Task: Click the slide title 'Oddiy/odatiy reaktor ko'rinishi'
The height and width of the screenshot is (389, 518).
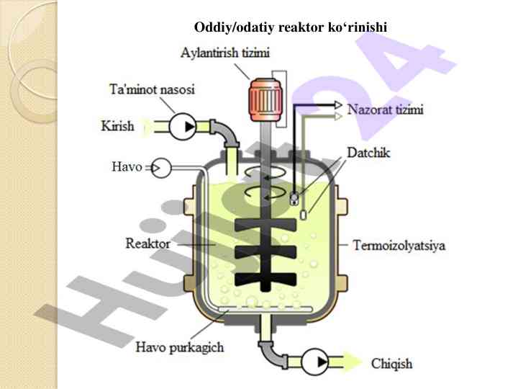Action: [x=291, y=27]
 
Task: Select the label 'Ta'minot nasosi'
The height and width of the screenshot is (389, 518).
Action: [x=151, y=91]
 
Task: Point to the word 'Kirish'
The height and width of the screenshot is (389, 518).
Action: [x=117, y=126]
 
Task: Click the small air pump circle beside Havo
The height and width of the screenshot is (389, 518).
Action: [x=162, y=169]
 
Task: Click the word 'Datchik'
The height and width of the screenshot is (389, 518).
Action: [x=368, y=153]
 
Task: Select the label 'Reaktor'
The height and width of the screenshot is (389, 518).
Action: [x=147, y=243]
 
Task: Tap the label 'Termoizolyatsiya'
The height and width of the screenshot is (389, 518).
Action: [x=399, y=246]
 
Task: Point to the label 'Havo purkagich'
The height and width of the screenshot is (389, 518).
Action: [x=180, y=347]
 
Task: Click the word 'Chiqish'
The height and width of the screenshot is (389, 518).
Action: [x=391, y=363]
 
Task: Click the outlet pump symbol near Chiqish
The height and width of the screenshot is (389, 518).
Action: [x=314, y=362]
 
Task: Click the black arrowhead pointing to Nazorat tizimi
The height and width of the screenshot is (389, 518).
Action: [x=338, y=104]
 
